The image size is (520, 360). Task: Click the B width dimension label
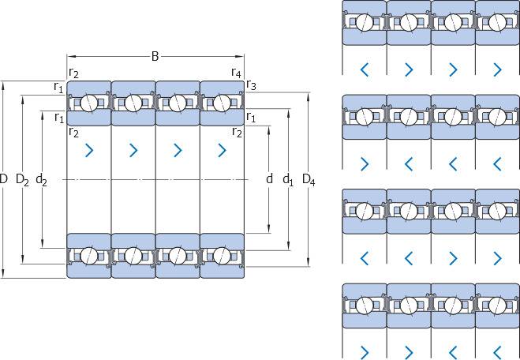point(155,56)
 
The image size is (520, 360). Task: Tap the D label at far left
point(5,180)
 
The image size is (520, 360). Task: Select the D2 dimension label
point(22,180)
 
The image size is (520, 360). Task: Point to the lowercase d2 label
point(42,180)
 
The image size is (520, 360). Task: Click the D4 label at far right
point(309,180)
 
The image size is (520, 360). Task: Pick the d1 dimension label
point(288,180)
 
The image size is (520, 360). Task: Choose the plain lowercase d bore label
point(269,180)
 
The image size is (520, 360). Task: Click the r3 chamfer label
point(252,84)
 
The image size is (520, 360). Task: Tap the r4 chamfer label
point(236,73)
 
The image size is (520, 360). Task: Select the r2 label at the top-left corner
point(73,73)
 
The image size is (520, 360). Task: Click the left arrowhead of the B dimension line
point(69,56)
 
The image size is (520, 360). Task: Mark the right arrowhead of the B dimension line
point(241,56)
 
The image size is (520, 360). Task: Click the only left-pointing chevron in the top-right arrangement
point(365,69)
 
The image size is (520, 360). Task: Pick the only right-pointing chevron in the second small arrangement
point(365,163)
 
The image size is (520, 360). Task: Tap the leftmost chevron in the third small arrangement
point(365,257)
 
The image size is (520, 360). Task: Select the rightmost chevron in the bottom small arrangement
point(497,351)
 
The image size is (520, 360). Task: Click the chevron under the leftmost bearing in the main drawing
point(88,149)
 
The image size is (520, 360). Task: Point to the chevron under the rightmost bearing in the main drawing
point(222,149)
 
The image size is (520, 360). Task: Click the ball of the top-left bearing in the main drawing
point(89,103)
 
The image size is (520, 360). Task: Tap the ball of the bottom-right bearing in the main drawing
point(222,255)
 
